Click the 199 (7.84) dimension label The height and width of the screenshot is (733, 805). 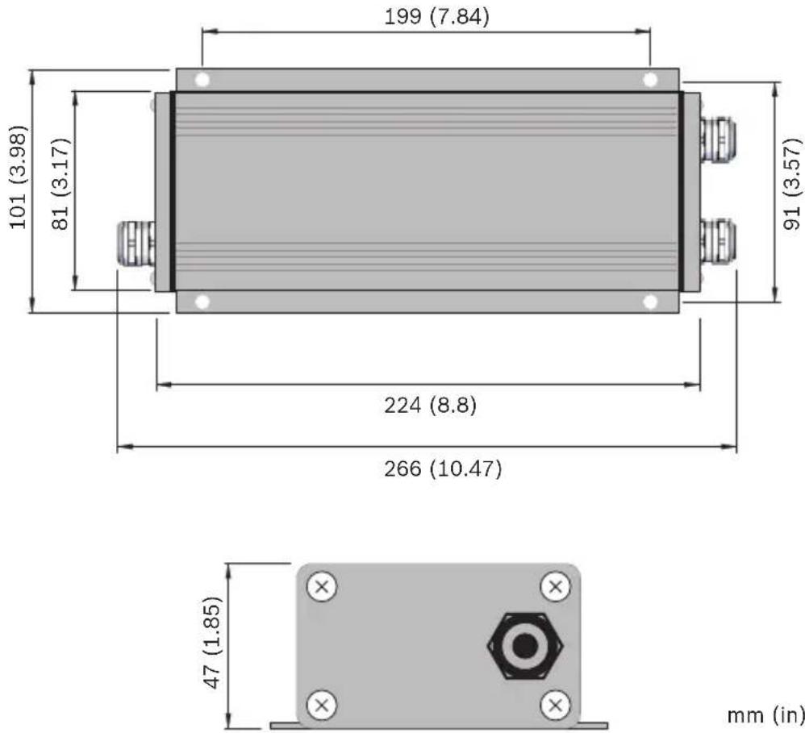click(437, 17)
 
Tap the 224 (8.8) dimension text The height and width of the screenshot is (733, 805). click(430, 406)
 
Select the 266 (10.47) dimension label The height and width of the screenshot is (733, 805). click(443, 469)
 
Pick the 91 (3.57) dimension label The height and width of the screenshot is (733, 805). click(792, 177)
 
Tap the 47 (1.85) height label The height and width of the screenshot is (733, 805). click(213, 643)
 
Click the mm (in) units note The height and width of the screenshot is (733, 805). click(765, 714)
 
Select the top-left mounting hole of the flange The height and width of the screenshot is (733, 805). click(202, 80)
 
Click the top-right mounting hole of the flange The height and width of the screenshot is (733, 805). click(650, 80)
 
